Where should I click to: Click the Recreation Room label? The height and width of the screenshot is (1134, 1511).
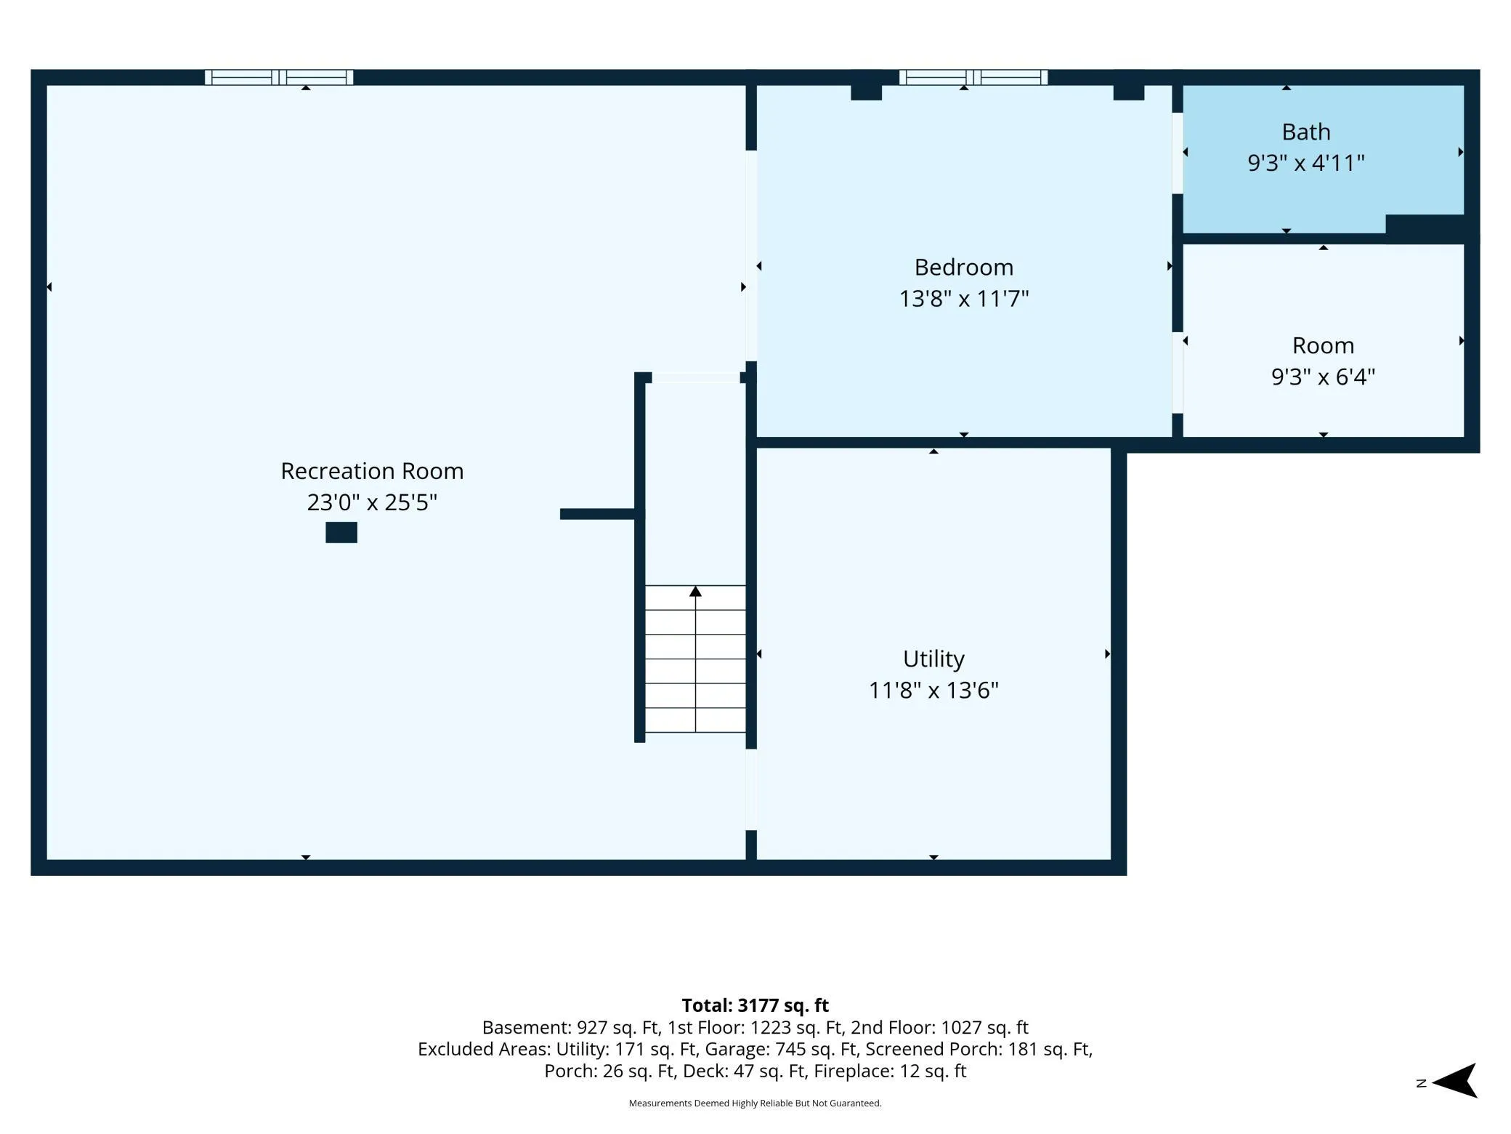click(372, 471)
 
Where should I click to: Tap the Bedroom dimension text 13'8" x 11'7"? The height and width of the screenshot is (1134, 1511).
click(964, 298)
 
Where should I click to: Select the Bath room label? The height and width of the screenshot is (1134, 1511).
click(1306, 132)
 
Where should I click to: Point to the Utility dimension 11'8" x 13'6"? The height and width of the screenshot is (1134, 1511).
click(933, 689)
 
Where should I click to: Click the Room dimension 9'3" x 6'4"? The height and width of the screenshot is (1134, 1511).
click(1323, 377)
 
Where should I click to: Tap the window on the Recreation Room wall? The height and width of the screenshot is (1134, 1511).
click(279, 77)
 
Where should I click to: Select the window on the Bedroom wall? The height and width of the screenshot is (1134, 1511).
click(973, 77)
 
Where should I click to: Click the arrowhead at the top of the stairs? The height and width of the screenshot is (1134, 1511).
click(695, 591)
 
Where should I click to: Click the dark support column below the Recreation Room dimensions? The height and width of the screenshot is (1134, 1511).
click(341, 532)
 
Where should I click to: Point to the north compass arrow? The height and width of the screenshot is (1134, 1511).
click(1454, 1080)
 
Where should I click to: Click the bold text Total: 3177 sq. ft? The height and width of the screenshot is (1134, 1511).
click(755, 1005)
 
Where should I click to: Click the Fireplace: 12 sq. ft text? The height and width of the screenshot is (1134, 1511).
click(890, 1071)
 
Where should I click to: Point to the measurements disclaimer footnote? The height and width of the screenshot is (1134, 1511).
click(755, 1103)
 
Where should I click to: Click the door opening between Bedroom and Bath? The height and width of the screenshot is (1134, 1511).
click(1178, 153)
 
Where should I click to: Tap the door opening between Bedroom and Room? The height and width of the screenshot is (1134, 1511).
click(1178, 372)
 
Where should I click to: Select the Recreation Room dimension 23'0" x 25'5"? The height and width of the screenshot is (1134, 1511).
click(372, 502)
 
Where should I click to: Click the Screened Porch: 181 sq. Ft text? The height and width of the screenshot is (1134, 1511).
click(978, 1049)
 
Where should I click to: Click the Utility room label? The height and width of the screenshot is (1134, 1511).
click(933, 659)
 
